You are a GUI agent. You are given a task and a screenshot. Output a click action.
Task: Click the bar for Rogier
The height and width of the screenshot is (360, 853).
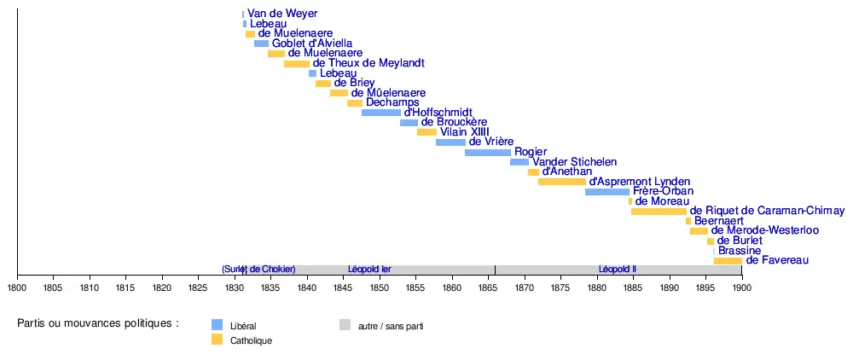pos(487,152)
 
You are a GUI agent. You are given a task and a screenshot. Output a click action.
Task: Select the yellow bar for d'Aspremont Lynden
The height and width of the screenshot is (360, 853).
pos(562,182)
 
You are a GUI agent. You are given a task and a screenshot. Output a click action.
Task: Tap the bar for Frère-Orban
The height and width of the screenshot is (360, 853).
pos(607,192)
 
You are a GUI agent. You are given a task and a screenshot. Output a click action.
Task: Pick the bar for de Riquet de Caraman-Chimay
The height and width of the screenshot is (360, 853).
pos(659,211)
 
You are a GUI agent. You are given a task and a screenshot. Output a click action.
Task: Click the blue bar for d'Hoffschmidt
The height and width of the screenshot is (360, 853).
pos(381,113)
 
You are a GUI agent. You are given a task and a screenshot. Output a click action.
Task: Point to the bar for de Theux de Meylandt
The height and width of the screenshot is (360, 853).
pos(297,64)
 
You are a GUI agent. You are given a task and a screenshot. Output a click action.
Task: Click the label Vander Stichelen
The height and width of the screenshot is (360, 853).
pos(574,162)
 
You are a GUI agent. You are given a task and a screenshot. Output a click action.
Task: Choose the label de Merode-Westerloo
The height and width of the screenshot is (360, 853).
pos(765,230)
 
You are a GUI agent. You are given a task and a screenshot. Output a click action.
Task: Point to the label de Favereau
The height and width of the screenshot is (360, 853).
pos(777,260)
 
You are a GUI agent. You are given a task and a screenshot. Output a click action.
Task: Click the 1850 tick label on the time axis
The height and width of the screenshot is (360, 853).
pos(379,288)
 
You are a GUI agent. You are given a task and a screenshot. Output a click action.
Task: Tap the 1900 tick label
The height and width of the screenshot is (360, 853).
pos(741,288)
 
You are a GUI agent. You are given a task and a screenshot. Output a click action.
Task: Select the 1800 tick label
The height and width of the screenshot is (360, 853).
pos(17,288)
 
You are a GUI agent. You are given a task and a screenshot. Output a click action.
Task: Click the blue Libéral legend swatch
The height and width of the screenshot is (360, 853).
pos(217,325)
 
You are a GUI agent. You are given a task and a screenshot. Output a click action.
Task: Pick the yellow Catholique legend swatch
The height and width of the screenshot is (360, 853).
pos(217,340)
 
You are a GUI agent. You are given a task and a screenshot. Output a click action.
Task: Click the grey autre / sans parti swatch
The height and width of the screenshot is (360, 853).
pos(345,325)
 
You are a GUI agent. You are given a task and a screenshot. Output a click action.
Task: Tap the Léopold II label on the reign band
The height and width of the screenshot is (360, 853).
pos(618,270)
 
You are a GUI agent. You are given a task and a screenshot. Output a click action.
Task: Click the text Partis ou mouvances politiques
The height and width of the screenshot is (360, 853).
pos(98,324)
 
